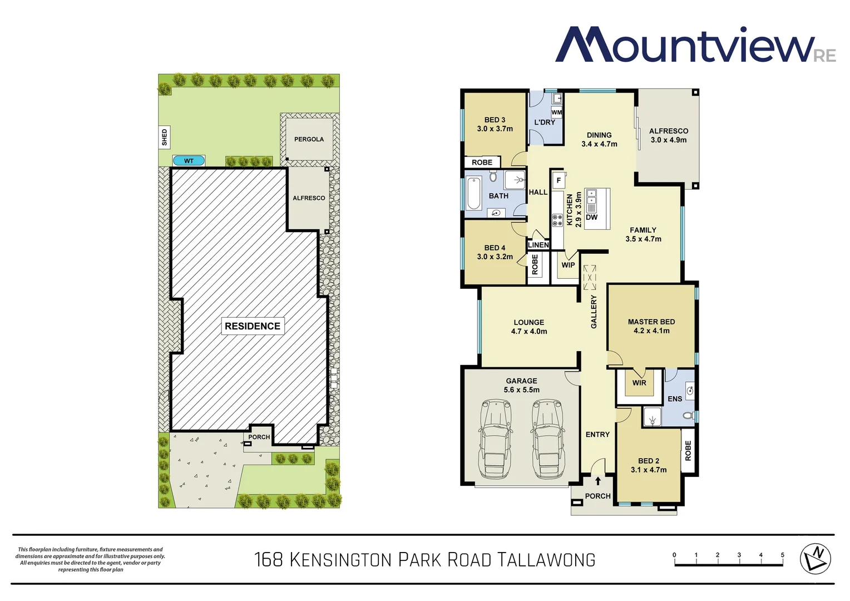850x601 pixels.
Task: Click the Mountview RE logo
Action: (x=695, y=45)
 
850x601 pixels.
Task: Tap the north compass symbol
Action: (x=815, y=559)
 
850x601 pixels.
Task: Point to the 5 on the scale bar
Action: (x=782, y=555)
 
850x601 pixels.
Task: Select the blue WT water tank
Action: (x=189, y=161)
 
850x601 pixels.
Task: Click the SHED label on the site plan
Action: (x=164, y=137)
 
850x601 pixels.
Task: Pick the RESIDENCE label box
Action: (x=253, y=326)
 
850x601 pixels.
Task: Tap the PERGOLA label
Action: (x=309, y=139)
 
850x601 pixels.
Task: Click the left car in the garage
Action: (x=495, y=439)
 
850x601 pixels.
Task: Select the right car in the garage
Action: (x=547, y=439)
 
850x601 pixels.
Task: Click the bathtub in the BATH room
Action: (x=473, y=194)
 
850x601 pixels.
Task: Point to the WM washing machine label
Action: (x=557, y=112)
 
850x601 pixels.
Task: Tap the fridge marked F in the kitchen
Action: (x=559, y=180)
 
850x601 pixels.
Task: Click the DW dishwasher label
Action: (x=591, y=217)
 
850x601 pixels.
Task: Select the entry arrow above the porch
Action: (x=598, y=481)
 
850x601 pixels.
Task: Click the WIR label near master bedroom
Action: (x=639, y=383)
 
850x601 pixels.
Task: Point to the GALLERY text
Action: (x=594, y=312)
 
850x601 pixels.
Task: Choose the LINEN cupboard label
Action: (x=538, y=245)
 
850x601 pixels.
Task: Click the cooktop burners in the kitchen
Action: (x=557, y=220)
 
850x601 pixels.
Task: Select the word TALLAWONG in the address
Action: (x=546, y=560)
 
